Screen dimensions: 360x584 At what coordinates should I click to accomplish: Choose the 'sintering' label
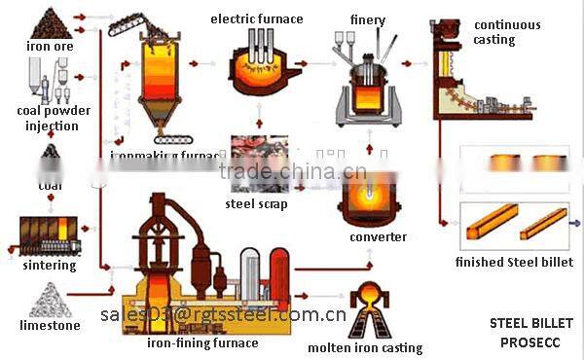(48, 264)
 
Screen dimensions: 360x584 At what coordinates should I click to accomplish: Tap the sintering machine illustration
(49, 234)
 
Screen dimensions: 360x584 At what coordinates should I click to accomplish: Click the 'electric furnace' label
(256, 18)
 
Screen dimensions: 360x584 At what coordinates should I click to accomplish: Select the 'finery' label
(367, 19)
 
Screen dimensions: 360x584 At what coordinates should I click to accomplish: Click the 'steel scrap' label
(257, 203)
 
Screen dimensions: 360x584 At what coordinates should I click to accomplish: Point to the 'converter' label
(378, 236)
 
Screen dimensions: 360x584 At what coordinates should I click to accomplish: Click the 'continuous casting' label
(507, 32)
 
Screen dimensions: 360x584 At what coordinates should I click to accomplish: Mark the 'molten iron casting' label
(365, 347)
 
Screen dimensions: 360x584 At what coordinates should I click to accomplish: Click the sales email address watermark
(223, 314)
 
